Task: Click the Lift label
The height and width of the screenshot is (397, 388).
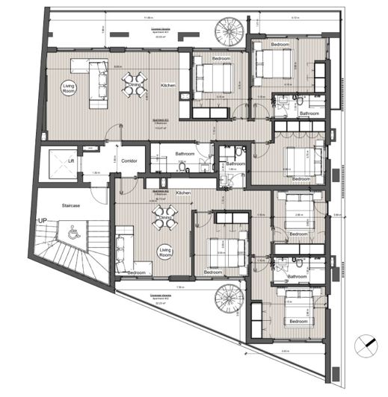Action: click(x=71, y=160)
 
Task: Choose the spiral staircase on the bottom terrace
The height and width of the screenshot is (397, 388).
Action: click(x=227, y=301)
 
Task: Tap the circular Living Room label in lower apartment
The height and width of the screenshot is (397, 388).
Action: click(x=163, y=253)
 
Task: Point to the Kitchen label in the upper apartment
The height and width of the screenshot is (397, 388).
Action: click(x=168, y=86)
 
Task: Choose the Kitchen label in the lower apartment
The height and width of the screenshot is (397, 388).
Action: click(x=183, y=193)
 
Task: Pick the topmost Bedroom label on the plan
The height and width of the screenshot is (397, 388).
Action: click(x=280, y=46)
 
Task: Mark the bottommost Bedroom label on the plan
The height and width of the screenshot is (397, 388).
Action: click(x=298, y=321)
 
